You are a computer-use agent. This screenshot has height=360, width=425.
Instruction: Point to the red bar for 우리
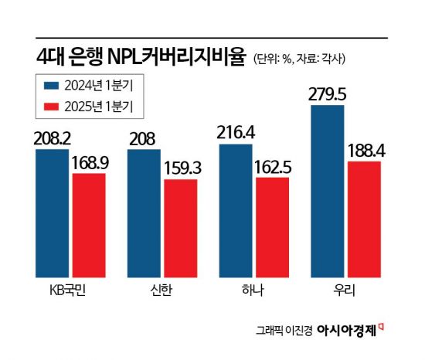[364, 219]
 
